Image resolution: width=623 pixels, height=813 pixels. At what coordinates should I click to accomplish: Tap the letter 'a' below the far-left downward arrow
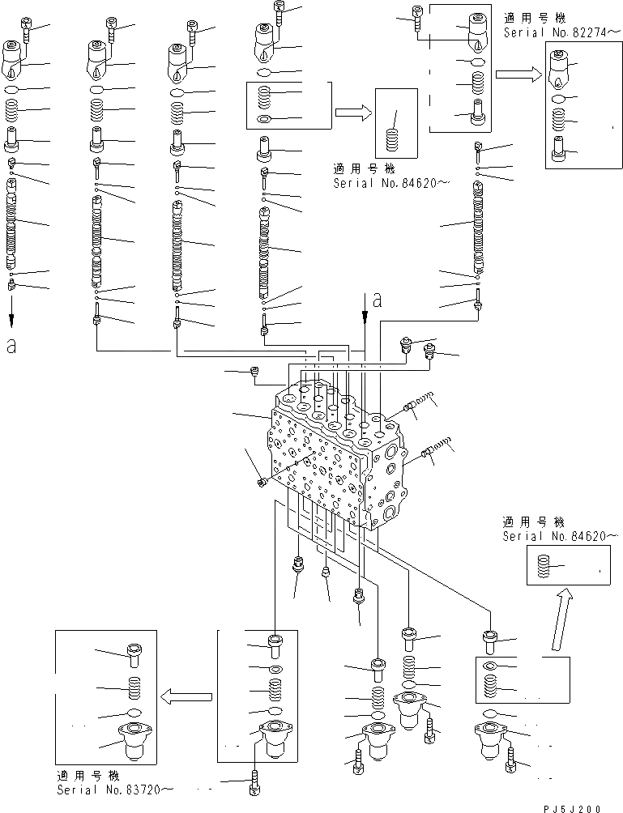11,347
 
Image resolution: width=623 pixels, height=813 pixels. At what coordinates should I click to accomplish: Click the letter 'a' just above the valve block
377,301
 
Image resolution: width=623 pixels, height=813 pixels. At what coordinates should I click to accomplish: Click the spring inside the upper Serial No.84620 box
392,139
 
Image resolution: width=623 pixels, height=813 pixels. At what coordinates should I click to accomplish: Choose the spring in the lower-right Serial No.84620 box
543,566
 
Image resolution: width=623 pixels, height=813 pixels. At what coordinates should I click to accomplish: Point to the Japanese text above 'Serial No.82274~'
538,17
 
